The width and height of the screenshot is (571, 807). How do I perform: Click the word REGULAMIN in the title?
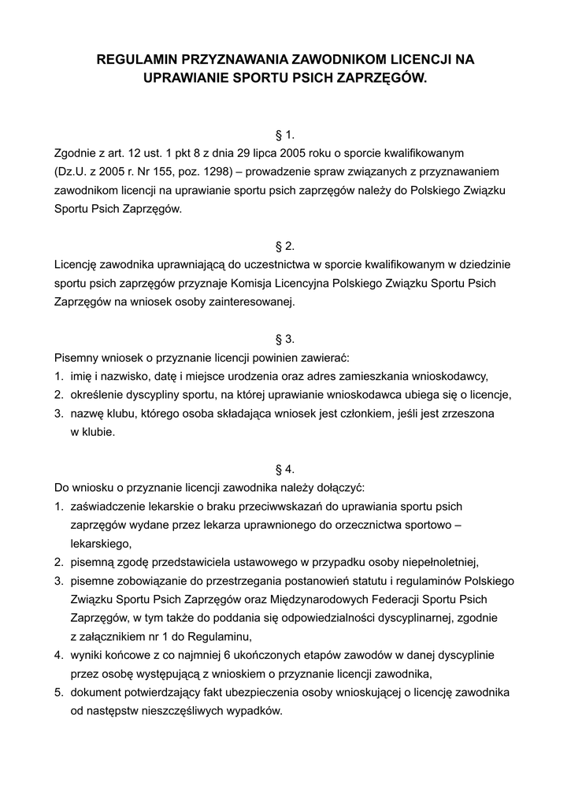(x=136, y=59)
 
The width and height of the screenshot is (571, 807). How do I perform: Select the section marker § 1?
(x=285, y=134)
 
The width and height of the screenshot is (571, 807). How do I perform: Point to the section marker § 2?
(x=285, y=245)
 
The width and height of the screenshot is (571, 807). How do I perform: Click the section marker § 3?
(x=285, y=339)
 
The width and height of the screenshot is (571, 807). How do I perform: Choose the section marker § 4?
(x=285, y=468)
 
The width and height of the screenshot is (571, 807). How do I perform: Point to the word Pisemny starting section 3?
(x=76, y=358)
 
